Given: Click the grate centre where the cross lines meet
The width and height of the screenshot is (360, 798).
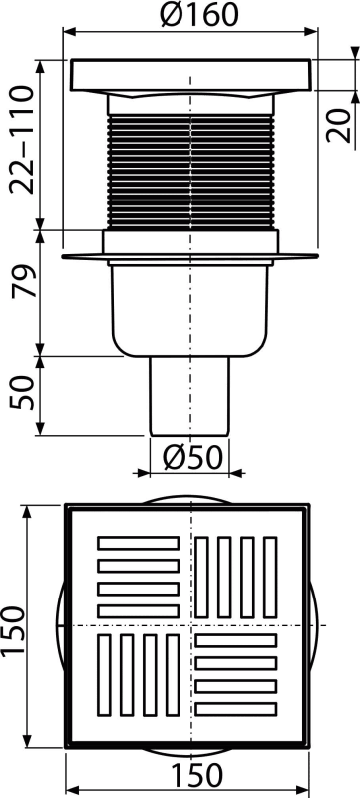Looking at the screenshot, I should pos(189,625).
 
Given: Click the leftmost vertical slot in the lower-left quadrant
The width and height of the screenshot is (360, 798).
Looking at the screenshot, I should pos(106,675).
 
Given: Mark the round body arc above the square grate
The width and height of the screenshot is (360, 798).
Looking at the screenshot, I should pos(190,495).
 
